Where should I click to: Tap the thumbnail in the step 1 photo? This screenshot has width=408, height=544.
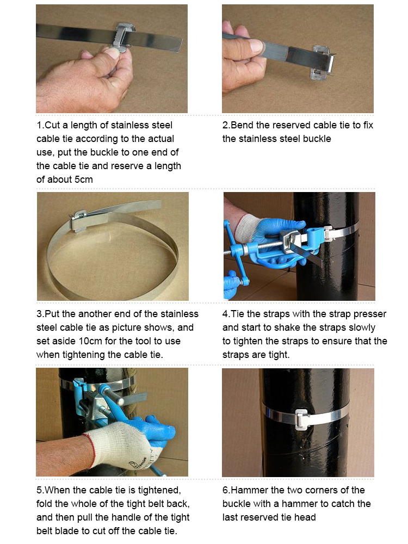coord(112,52)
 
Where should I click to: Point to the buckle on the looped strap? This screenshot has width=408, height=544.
coord(81,219)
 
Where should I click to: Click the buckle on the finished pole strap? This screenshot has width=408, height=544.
coord(301,419)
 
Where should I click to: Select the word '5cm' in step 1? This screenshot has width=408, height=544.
coord(84,180)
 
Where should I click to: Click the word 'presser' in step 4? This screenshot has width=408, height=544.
coord(369,314)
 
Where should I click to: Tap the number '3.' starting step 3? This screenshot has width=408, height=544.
coord(40,314)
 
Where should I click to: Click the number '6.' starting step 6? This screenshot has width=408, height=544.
coord(226,490)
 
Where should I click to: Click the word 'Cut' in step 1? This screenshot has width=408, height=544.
coord(52,125)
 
